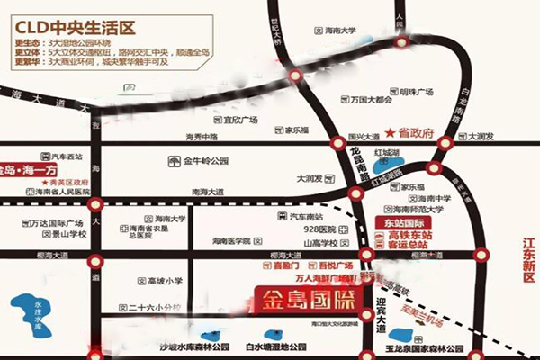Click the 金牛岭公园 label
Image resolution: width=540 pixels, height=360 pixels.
point(206,162)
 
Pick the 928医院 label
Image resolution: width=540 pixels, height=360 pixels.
point(319,230)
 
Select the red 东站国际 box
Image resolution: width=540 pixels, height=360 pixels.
point(400,222)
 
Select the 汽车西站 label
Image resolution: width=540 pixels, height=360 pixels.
point(67,157)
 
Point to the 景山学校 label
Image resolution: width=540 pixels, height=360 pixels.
point(67,234)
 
